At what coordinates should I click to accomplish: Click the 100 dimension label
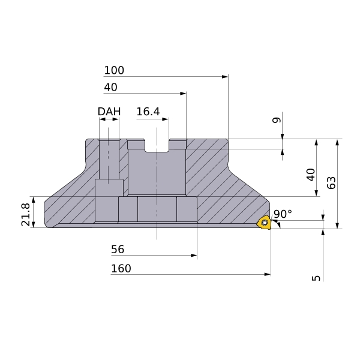point(114,70)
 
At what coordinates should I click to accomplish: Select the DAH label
point(109,112)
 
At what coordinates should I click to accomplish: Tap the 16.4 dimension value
point(148,112)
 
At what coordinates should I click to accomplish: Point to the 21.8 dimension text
point(25,214)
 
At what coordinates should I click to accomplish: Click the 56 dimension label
point(118,250)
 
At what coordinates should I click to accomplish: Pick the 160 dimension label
point(121,268)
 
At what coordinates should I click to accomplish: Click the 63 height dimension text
point(331,183)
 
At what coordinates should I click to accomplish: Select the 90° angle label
point(283,214)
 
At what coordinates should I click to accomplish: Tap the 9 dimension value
point(277,120)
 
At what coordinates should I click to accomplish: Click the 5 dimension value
point(316,278)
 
